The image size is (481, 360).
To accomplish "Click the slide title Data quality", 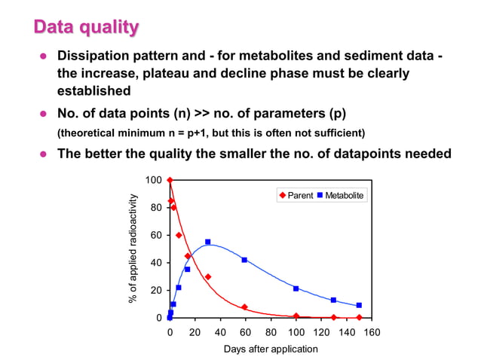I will [x=86, y=28].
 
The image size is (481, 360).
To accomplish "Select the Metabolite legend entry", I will [x=341, y=195].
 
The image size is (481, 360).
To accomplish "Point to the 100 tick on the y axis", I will [x=154, y=180].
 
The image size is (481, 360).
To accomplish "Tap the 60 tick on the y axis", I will [x=156, y=235].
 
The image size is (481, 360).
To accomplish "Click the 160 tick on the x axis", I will [x=372, y=331].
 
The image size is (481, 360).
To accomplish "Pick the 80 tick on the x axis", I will [x=271, y=331].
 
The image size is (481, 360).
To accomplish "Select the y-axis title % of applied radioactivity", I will [x=133, y=249].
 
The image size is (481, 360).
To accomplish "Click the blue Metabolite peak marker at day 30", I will [x=207, y=242].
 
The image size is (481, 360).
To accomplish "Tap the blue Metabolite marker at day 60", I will [x=244, y=260].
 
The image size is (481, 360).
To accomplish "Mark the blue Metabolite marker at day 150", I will [x=359, y=305].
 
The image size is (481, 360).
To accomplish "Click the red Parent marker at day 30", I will [x=207, y=277].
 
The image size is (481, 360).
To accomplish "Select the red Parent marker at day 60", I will [x=244, y=307].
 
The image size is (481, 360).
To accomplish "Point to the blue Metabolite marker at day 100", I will [x=296, y=288].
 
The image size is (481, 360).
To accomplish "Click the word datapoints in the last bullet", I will [x=361, y=153].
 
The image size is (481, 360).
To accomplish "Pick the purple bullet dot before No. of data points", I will [x=43, y=114].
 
